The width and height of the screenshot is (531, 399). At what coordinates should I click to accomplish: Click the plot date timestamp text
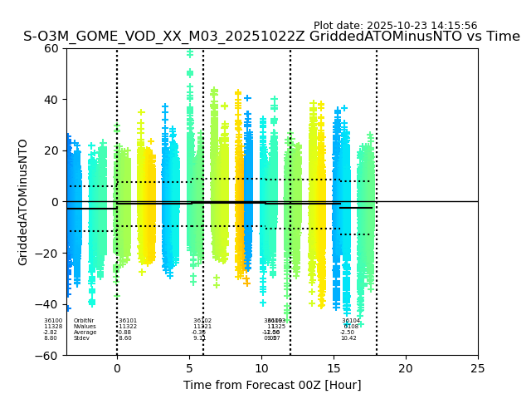point(395,26)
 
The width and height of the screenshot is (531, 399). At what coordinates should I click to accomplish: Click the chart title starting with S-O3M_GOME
point(271,37)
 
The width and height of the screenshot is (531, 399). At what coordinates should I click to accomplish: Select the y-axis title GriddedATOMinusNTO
point(23,202)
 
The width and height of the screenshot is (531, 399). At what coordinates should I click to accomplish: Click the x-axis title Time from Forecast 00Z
point(272,385)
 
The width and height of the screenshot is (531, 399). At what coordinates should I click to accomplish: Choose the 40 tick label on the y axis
point(51,100)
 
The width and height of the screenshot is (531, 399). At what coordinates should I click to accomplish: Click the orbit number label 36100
point(53,321)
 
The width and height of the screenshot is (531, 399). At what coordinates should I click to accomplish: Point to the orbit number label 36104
point(351,321)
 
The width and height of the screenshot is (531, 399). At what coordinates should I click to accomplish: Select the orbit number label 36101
point(128,321)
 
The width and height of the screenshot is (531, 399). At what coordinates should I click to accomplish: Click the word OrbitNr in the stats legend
point(83,321)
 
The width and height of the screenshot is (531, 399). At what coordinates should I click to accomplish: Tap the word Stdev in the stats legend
point(81,338)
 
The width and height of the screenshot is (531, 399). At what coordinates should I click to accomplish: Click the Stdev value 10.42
point(348,338)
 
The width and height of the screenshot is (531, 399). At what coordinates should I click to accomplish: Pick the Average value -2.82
point(51,332)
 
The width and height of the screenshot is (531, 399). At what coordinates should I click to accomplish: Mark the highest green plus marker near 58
point(190,54)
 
